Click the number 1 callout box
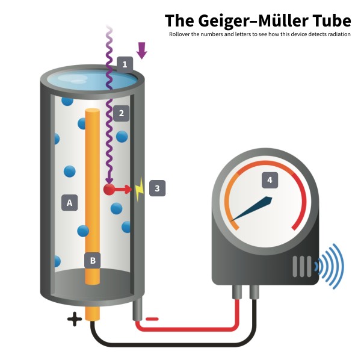point(125,64)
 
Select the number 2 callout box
point(122,113)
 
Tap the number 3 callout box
point(157,188)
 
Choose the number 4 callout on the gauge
point(270,180)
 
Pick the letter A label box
point(69,203)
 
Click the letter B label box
point(93,261)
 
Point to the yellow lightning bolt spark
point(140,189)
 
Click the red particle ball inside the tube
point(109,189)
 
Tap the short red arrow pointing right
point(123,190)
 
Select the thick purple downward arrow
point(141,51)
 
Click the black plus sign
point(75,319)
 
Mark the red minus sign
point(152,319)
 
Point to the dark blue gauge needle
point(251,209)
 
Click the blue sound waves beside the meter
point(329,266)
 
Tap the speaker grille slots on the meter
point(302,266)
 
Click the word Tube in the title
point(332,20)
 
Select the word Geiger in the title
point(226,21)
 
